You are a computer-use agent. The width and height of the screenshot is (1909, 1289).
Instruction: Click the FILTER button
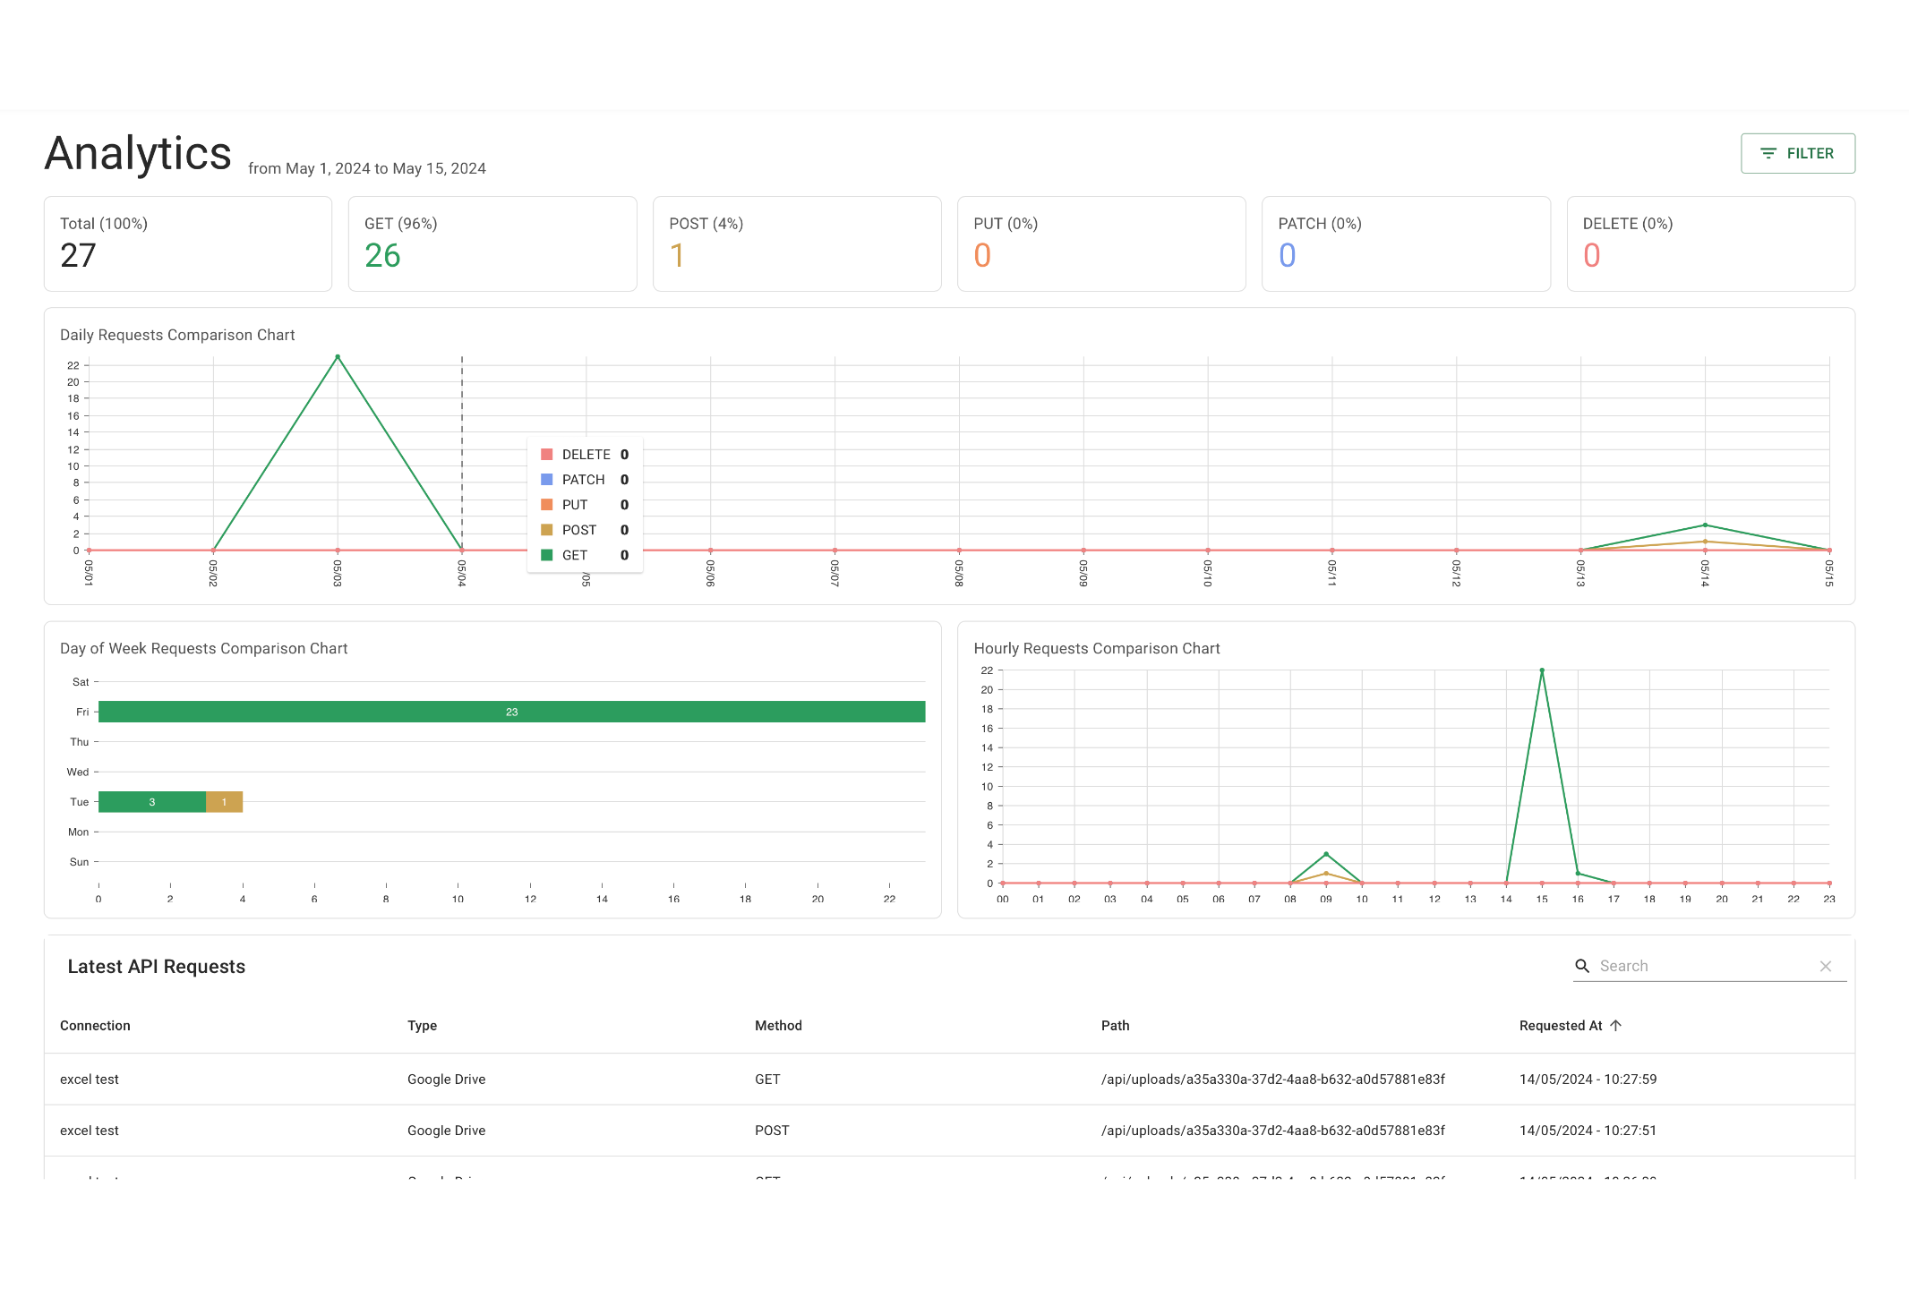pos(1797,153)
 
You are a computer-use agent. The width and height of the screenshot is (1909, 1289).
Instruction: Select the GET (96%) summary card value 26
pos(382,256)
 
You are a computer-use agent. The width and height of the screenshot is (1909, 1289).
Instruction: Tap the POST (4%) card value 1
pos(677,256)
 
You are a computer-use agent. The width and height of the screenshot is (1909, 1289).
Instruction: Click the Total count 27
pos(78,256)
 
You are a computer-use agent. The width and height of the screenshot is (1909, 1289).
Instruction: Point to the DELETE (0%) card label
pos(1627,224)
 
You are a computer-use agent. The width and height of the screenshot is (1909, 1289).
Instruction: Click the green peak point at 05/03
pos(338,357)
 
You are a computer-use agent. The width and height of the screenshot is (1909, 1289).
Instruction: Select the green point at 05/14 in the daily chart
pos(1705,525)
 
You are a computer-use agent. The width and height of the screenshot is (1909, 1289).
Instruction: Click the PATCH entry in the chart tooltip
pos(583,480)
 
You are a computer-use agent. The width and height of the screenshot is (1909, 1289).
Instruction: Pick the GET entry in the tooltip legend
pos(574,555)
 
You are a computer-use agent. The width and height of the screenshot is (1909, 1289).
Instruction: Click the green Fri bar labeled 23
pos(511,712)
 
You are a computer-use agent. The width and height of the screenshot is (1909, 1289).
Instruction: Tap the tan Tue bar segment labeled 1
pos(224,802)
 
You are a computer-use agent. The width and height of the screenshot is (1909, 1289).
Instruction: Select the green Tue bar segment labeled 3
pos(152,802)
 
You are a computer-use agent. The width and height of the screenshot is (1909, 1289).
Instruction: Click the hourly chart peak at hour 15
pos(1542,670)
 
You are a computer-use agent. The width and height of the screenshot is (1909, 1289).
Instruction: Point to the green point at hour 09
pos(1326,854)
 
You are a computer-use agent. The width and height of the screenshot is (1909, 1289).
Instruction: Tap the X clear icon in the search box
pos(1826,966)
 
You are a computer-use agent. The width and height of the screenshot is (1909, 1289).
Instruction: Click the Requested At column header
pos(1561,1026)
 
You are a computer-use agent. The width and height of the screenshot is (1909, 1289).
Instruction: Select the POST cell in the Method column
pos(772,1131)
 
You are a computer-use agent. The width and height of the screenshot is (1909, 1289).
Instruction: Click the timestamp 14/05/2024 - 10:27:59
pos(1588,1080)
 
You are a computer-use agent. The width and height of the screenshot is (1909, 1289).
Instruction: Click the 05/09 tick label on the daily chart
pos(1083,573)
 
